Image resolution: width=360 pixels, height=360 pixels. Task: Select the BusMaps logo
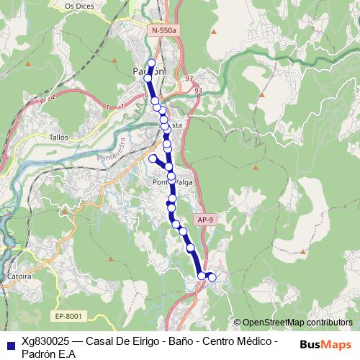coord(326,345)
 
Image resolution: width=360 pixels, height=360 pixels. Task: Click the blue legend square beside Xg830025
coord(9,345)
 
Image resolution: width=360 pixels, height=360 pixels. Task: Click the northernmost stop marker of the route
coord(151,63)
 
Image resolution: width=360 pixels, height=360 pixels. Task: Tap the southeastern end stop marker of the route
coord(212,277)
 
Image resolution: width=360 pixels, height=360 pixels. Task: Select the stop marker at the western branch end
coord(152,158)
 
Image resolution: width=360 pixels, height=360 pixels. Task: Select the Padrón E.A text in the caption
coord(48,353)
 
